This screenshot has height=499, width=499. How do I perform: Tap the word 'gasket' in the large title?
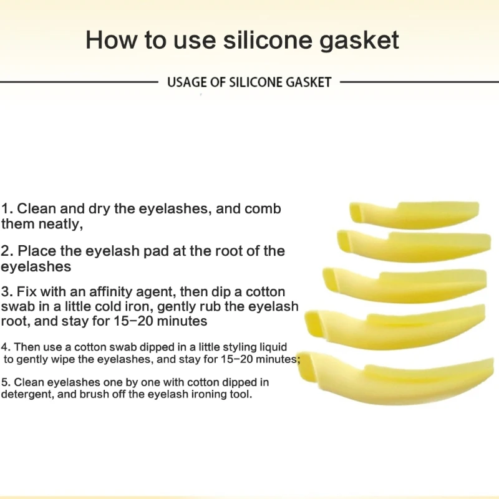click(x=359, y=41)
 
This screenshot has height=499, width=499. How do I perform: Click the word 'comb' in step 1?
click(x=263, y=209)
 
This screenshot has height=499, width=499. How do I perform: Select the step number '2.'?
click(x=7, y=251)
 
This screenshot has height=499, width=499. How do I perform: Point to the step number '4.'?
click(x=6, y=347)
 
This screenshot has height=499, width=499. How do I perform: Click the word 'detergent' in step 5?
click(x=27, y=395)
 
